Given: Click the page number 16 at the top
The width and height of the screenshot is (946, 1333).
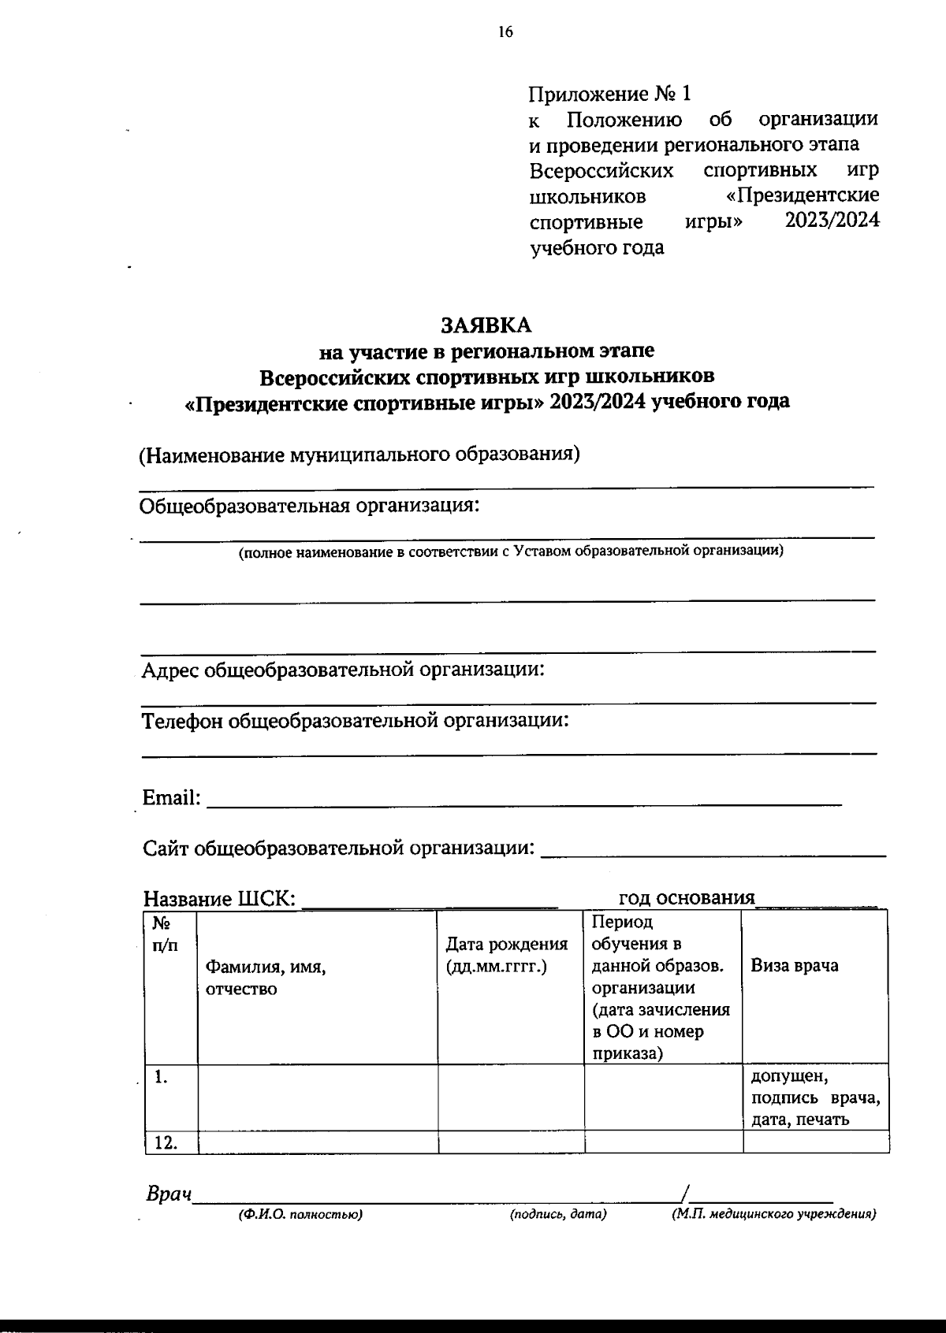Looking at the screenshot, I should (x=505, y=32).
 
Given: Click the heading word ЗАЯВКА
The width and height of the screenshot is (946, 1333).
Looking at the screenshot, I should (x=486, y=325).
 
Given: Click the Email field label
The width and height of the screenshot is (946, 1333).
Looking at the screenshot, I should (x=171, y=798).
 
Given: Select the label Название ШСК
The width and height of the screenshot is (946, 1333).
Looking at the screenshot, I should (x=220, y=899).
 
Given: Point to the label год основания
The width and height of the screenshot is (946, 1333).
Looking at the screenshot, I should (x=686, y=897).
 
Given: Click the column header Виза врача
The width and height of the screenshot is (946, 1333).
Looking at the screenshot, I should (x=794, y=966).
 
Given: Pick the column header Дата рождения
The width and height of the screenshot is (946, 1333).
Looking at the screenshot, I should (x=507, y=955).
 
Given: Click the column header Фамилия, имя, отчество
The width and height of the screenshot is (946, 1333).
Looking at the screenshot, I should (x=265, y=978).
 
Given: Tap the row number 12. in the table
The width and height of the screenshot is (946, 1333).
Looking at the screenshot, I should (x=166, y=1142).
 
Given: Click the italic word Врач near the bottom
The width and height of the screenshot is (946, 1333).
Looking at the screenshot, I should (x=169, y=1194).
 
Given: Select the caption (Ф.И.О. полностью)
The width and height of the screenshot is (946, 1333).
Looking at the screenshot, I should (x=300, y=1215).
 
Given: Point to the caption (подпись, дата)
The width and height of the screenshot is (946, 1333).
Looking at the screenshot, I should (x=558, y=1215).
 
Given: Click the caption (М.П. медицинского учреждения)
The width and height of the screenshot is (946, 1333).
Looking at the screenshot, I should (x=773, y=1215).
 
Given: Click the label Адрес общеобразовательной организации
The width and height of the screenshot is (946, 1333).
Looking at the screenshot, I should (x=343, y=670).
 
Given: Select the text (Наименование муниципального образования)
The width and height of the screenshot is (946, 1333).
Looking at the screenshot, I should (x=359, y=455).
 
